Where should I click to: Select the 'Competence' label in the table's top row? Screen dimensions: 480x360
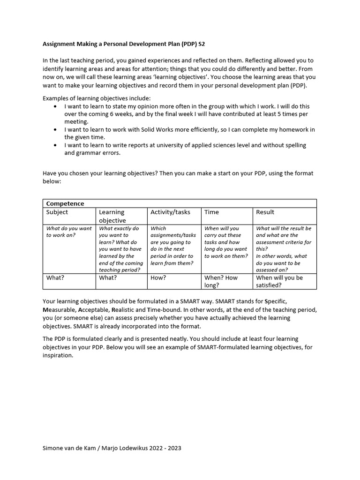(65, 203)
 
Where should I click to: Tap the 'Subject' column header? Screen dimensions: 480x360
(57, 212)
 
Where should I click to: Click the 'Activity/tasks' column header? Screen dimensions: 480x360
(170, 212)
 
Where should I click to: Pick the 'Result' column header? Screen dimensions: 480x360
(265, 212)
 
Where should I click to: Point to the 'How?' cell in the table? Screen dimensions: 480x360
(158, 277)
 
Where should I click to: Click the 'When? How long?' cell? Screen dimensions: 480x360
(221, 281)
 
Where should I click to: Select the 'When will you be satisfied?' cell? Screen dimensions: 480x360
(279, 281)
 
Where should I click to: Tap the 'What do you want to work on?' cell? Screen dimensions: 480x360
(69, 232)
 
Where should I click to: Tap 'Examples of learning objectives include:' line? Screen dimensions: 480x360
(97, 98)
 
